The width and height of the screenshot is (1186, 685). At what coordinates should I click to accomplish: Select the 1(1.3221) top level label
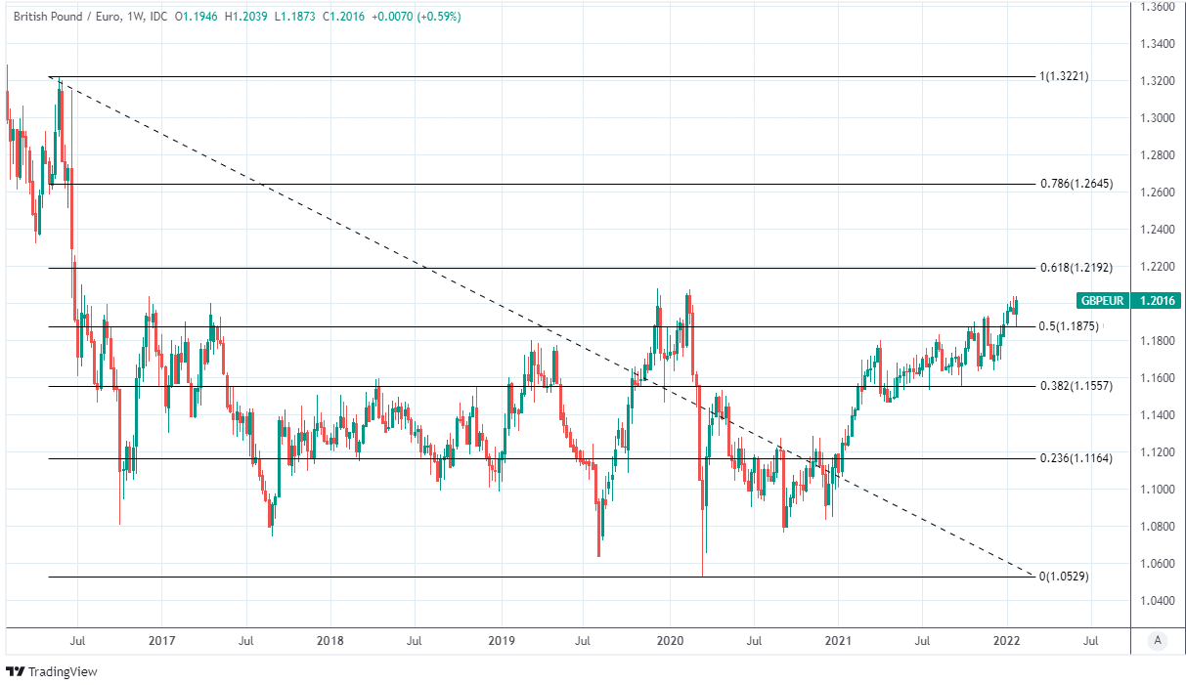click(1064, 76)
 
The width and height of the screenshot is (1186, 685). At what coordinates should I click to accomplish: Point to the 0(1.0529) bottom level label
click(1064, 577)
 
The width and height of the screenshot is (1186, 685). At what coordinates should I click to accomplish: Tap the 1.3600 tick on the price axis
click(1159, 7)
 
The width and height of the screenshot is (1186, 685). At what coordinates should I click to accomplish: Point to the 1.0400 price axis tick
click(1159, 600)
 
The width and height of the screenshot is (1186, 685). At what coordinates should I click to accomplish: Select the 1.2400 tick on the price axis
click(1159, 230)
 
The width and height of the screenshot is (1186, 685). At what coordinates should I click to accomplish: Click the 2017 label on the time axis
click(161, 641)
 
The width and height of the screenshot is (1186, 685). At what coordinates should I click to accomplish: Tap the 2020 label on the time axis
click(670, 641)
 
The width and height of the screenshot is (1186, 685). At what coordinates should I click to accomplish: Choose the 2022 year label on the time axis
click(1007, 641)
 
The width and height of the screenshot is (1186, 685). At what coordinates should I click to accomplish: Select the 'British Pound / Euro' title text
click(68, 17)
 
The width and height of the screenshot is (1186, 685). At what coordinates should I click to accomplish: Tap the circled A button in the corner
click(1158, 641)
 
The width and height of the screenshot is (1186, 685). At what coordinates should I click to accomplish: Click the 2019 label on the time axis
click(501, 641)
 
